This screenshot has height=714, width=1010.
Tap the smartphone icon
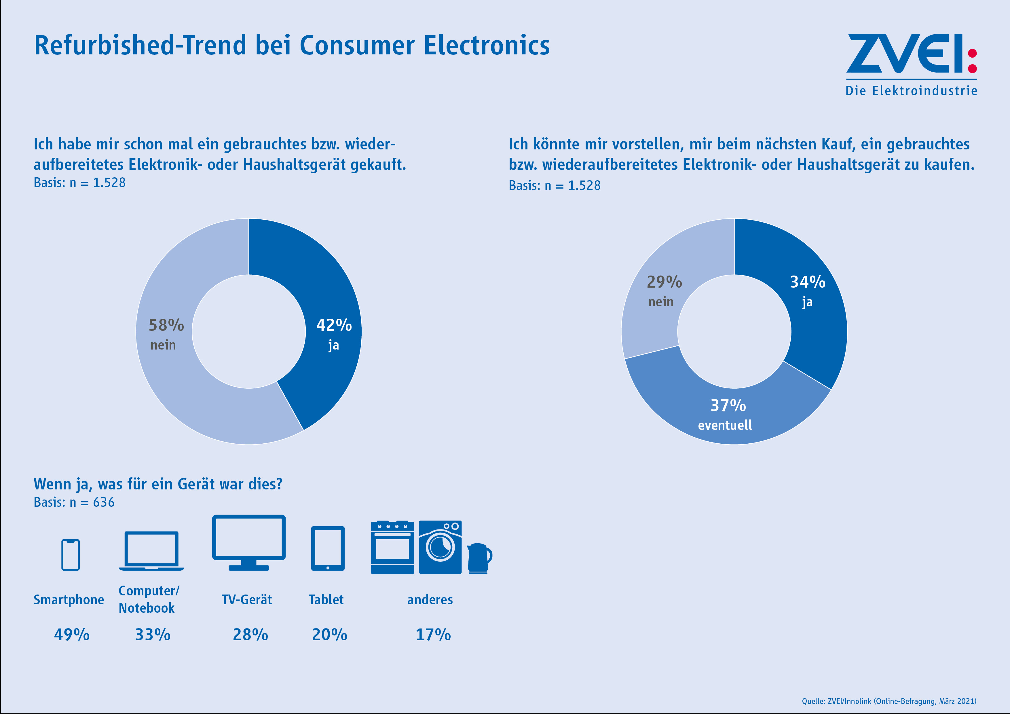pos(70,555)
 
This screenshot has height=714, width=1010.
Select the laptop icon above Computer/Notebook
pos(151,551)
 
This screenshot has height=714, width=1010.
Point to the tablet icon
pos(328,548)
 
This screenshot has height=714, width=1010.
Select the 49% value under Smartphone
pos(72,635)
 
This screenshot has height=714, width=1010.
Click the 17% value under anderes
pos(433,635)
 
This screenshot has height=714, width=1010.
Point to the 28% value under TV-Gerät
pos(250,635)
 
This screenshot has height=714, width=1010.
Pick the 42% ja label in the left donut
pos(334,334)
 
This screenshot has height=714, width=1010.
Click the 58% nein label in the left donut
pos(166,334)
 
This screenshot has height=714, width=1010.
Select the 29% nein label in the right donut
pos(664,290)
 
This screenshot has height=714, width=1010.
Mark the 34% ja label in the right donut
pos(808,291)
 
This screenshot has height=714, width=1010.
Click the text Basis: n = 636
pos(74,502)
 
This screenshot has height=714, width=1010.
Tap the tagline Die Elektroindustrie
pos(911,91)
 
